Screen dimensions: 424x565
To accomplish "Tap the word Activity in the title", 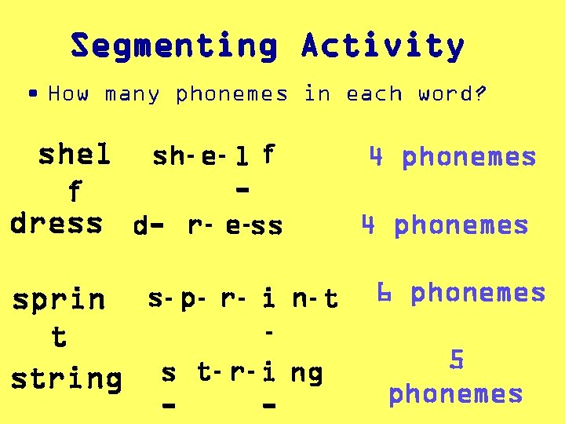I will point(383,46).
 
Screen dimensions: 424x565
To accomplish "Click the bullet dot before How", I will point(31,93).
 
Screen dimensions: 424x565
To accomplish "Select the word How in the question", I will point(68,94).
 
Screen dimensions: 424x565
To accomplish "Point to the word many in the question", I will point(132,94).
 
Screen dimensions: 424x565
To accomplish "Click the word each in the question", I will point(373,94).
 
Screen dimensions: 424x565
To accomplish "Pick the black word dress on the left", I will point(56,223).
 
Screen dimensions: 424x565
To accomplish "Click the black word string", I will point(66,378).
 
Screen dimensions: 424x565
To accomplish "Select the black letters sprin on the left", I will point(58,299).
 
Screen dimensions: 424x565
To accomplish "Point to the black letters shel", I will point(75,155).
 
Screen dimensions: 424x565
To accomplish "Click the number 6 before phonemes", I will point(384,293).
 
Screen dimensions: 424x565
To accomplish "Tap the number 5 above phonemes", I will point(456,360).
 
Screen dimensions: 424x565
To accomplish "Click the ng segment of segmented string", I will point(306,373).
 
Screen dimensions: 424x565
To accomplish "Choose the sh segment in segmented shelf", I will point(169,156).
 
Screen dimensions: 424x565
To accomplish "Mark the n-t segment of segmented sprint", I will point(314,299).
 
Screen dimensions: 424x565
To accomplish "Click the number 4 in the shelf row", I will point(377,157).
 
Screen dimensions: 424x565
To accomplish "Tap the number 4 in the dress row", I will point(369,225).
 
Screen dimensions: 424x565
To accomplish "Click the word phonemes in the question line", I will point(232,94).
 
